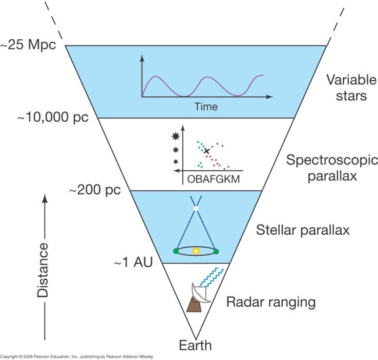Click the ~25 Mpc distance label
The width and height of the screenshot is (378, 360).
tap(28, 45)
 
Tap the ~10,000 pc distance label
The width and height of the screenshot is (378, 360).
tap(53, 117)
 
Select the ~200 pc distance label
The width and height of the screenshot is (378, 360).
tap(96, 189)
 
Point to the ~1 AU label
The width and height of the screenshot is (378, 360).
tap(133, 262)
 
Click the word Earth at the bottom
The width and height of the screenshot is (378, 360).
tap(195, 345)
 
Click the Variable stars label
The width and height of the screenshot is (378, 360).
tap(352, 88)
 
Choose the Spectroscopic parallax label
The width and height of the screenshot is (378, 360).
tap(332, 168)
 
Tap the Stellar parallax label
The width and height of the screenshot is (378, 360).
tap(303, 230)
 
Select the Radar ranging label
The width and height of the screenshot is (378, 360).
tap(271, 302)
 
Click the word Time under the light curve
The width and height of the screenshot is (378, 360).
tap(206, 107)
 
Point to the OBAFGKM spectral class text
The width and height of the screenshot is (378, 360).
tap(213, 179)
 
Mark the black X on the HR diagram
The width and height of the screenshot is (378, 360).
tap(207, 151)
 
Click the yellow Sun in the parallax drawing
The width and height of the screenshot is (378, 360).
tap(196, 251)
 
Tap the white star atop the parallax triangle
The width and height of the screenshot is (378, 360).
tap(196, 208)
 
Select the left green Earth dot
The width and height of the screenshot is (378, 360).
tap(175, 252)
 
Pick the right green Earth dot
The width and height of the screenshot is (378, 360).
tap(216, 252)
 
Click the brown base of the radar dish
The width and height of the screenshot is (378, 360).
tap(194, 305)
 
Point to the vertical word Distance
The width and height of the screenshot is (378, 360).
tap(43, 270)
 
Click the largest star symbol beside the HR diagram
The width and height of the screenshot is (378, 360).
tap(175, 137)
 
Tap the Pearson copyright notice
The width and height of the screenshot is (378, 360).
tap(77, 357)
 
